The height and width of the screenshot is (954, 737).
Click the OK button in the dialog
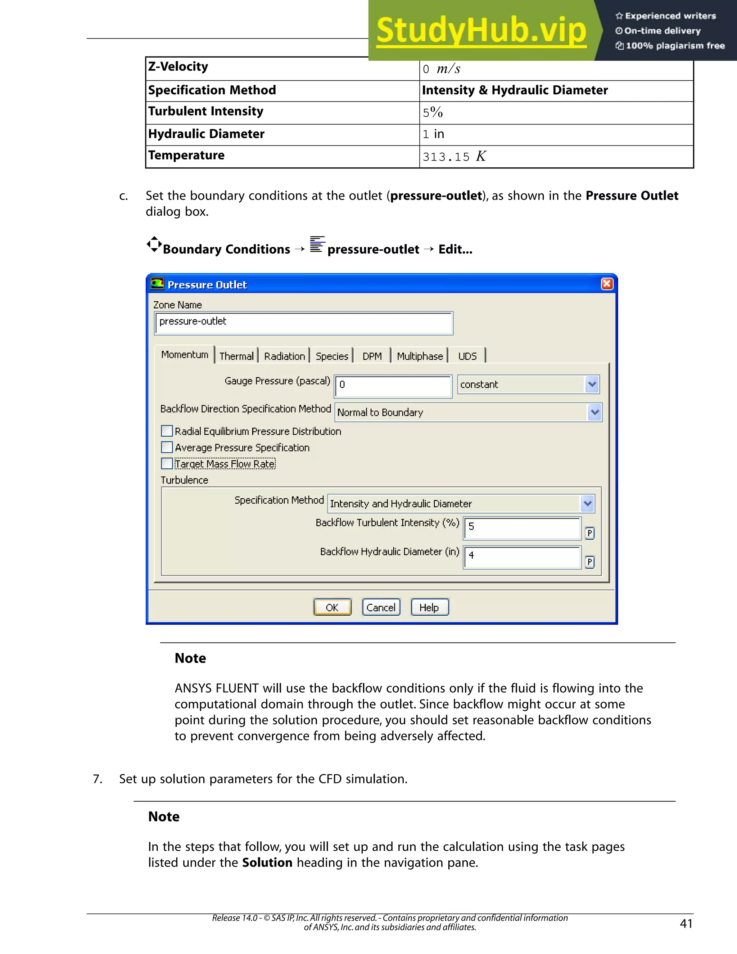332,607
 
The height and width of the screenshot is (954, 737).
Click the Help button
430,607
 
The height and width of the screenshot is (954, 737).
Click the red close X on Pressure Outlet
607,284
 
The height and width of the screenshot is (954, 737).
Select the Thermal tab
236,356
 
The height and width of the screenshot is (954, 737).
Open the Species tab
332,356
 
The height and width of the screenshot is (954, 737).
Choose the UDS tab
467,356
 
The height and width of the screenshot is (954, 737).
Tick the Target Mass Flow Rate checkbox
167,463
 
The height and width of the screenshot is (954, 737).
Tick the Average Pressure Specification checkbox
167,447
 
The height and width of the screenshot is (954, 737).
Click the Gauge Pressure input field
393,386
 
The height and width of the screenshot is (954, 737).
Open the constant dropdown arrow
592,384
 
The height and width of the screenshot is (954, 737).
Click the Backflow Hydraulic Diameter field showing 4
522,557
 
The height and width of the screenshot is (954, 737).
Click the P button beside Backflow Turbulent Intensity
589,533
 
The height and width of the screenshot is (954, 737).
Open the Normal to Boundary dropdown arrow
594,412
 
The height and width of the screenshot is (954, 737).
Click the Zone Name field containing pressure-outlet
303,323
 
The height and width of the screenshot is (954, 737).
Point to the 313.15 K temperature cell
454,156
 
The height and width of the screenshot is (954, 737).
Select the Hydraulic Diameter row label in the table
206,134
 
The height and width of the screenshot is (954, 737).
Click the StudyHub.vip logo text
481,31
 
